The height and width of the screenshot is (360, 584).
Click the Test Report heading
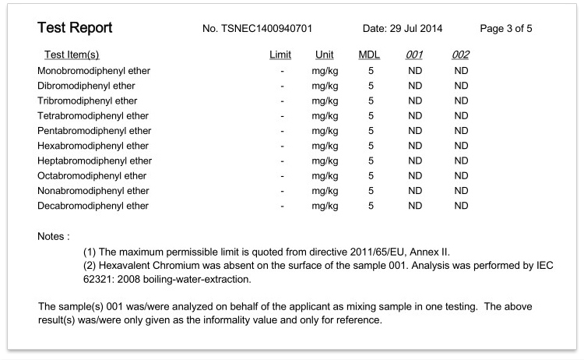click(75, 29)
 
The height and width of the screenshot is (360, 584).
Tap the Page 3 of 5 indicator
click(506, 30)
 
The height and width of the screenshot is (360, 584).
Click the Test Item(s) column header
click(72, 55)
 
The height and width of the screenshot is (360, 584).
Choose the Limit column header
click(280, 55)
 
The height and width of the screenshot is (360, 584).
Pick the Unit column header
click(325, 55)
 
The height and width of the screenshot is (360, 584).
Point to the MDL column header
click(369, 55)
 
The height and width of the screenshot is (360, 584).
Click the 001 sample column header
click(415, 55)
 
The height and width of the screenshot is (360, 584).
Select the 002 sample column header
click(461, 55)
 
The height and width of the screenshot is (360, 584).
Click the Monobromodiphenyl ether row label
click(93, 71)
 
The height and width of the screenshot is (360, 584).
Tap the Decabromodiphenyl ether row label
click(93, 206)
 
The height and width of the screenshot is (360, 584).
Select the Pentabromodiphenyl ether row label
click(94, 131)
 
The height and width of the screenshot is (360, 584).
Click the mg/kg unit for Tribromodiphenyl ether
click(325, 101)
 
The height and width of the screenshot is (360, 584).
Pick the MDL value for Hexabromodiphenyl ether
click(371, 146)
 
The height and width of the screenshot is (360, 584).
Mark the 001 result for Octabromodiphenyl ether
click(415, 176)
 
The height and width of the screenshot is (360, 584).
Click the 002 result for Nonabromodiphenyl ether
click(461, 191)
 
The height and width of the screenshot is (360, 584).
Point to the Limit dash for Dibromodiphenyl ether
click(282, 86)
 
